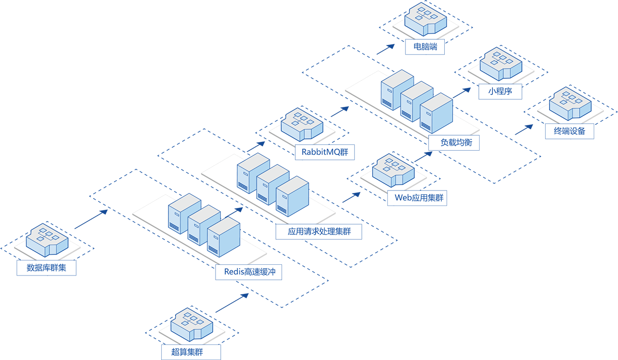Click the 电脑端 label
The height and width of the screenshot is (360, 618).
pyautogui.click(x=425, y=47)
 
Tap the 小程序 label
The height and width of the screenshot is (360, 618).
pyautogui.click(x=500, y=91)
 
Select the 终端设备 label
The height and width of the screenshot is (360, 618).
pyautogui.click(x=569, y=131)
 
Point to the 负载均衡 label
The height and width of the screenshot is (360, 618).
pyautogui.click(x=454, y=143)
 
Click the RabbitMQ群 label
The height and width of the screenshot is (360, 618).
pyautogui.click(x=325, y=152)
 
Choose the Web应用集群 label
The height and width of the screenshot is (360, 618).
pyautogui.click(x=416, y=198)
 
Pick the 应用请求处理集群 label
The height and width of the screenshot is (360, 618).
pyautogui.click(x=319, y=232)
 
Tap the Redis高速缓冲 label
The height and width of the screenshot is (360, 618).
pyautogui.click(x=249, y=272)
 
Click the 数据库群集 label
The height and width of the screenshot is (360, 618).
pyautogui.click(x=46, y=268)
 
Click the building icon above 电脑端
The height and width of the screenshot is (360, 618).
pyautogui.click(x=426, y=20)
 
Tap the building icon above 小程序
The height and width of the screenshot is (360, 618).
pyautogui.click(x=501, y=65)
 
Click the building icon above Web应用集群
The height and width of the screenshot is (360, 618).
pyautogui.click(x=393, y=171)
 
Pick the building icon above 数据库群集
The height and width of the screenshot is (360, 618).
pyautogui.click(x=47, y=240)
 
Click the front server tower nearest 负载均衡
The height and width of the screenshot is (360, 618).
pyautogui.click(x=435, y=113)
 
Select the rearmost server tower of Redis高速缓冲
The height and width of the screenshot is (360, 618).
pyautogui.click(x=184, y=214)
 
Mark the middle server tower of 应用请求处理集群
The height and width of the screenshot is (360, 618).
pyautogui.click(x=272, y=185)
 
